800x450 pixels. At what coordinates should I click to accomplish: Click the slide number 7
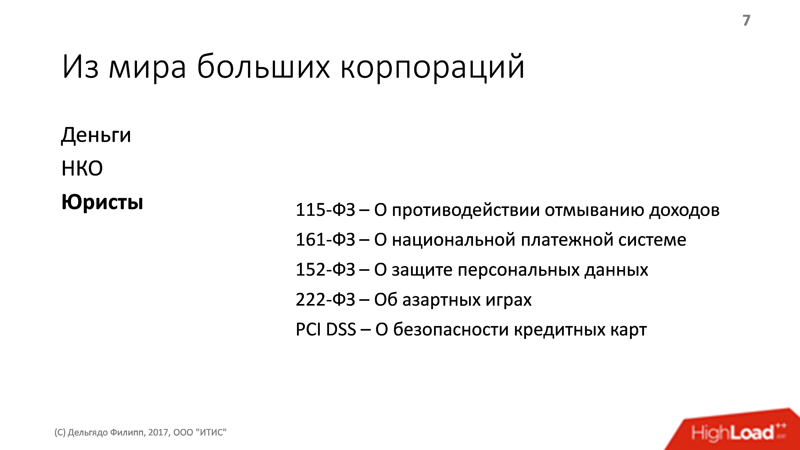(x=746, y=20)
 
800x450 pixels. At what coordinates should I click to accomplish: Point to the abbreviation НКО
(x=82, y=169)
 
